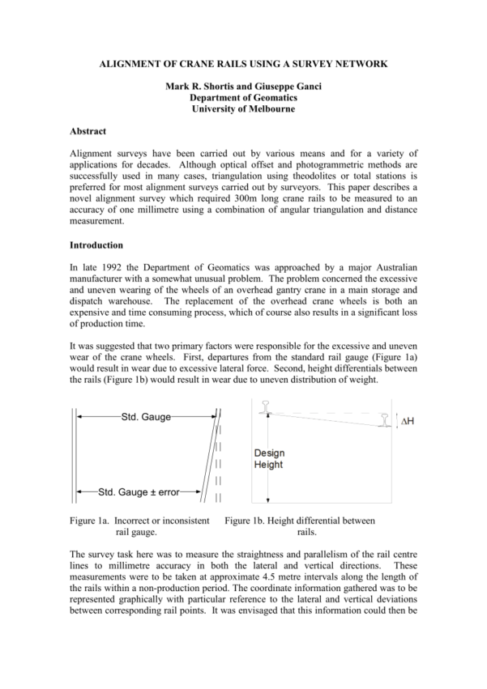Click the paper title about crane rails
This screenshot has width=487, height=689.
[243, 62]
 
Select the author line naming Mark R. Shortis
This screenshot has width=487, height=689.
[243, 86]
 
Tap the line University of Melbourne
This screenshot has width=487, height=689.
[243, 108]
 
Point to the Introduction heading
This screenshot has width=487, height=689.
[97, 245]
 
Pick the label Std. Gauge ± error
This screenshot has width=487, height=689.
[138, 491]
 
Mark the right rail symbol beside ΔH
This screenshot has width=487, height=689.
[387, 421]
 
